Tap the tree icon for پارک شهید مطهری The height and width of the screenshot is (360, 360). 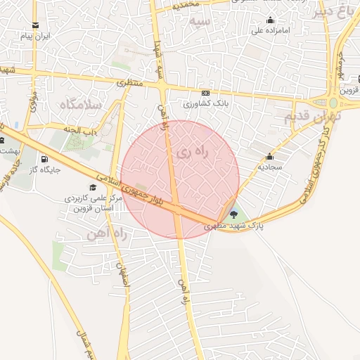pyautogui.click(x=233, y=214)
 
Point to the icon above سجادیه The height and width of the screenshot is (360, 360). pyautogui.click(x=269, y=157)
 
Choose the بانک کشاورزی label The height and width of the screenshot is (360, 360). pyautogui.click(x=205, y=103)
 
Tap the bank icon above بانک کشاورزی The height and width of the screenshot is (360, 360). pyautogui.click(x=205, y=93)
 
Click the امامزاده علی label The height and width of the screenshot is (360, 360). pyautogui.click(x=271, y=31)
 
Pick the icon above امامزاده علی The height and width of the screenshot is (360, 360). pyautogui.click(x=271, y=20)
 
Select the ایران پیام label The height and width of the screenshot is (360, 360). pyautogui.click(x=37, y=36)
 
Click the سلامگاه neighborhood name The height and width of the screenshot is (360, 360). pyautogui.click(x=81, y=104)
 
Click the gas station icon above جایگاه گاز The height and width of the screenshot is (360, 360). pyautogui.click(x=44, y=158)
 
